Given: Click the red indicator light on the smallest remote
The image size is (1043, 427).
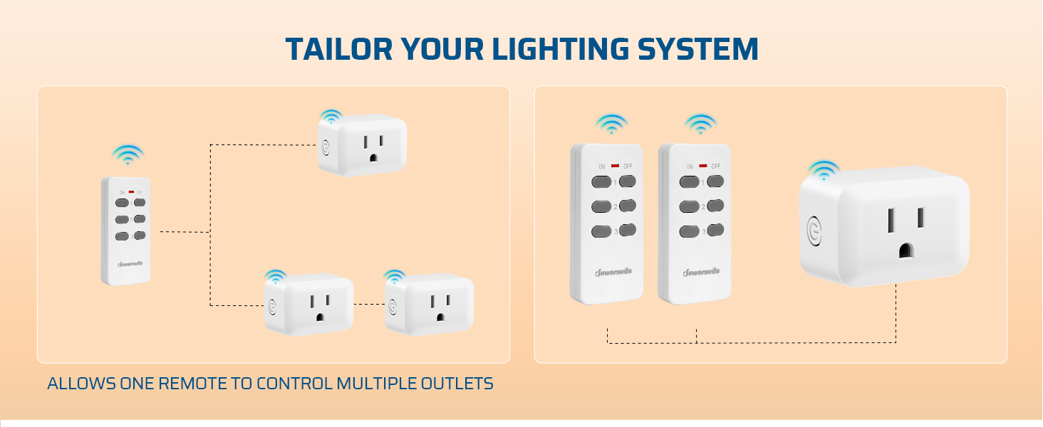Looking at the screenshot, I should coord(131,192).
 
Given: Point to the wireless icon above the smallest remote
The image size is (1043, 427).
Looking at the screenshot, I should coord(128,154).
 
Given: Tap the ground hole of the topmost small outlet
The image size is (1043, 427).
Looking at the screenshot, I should coord(371,159).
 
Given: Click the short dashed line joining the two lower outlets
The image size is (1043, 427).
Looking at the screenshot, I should coord(368,305).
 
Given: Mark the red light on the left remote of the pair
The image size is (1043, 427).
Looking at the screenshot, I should coord(614,166).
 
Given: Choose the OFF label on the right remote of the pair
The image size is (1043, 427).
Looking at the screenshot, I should coord(715,166).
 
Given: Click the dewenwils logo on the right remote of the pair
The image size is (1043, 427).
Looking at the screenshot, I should coord(701,271).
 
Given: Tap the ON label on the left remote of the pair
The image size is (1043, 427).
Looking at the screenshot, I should coord(602,167).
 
